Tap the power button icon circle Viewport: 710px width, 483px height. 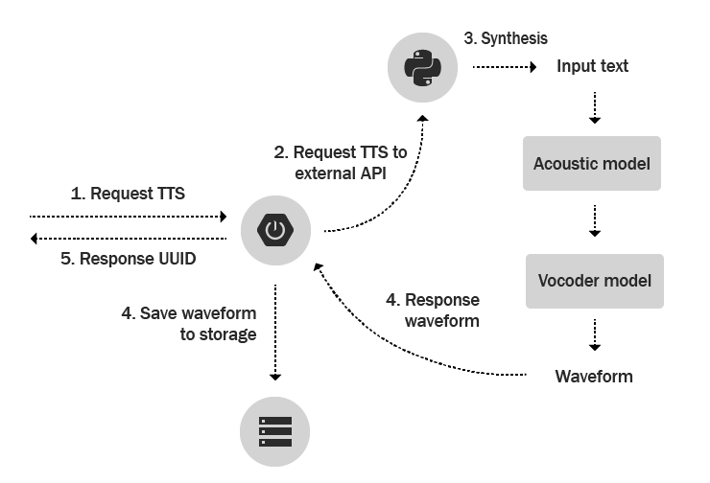[x=275, y=230]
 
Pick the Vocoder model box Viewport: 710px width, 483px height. [x=594, y=281]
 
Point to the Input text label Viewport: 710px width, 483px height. [x=593, y=66]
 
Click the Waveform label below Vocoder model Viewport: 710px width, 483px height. [x=594, y=377]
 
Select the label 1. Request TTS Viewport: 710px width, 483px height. [x=128, y=193]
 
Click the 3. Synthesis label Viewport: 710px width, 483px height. [x=506, y=38]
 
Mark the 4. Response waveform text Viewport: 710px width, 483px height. [x=433, y=310]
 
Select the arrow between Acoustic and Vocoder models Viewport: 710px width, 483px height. [x=594, y=220]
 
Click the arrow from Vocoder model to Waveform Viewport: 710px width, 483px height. [x=594, y=335]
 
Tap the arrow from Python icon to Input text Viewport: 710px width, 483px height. [x=504, y=67]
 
